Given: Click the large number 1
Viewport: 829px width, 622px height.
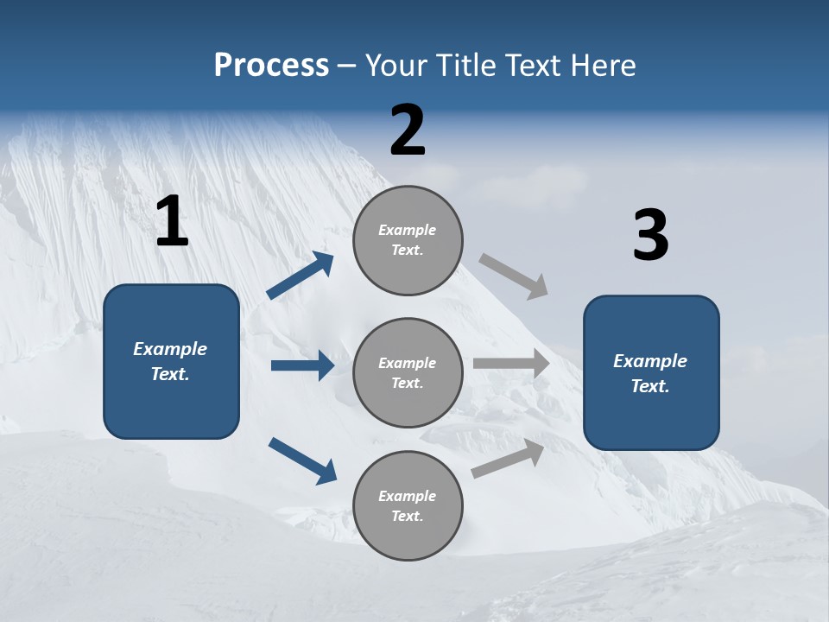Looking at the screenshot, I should tap(172, 221).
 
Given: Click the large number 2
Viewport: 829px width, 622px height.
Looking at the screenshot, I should tap(408, 130).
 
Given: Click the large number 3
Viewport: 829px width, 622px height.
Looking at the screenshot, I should tap(650, 236).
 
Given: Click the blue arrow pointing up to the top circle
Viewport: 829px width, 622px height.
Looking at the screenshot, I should tap(301, 276).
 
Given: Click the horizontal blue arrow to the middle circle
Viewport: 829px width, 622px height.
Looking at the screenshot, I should tap(302, 365).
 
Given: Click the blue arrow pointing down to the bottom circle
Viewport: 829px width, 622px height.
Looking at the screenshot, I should tap(302, 460).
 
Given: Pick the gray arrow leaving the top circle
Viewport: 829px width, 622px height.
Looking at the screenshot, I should tap(514, 276).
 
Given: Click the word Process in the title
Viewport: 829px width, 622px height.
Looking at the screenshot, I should tap(271, 65).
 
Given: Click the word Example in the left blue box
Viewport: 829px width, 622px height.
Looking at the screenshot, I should tap(170, 349).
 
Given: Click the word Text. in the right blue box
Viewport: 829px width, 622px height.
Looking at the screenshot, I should tap(650, 386).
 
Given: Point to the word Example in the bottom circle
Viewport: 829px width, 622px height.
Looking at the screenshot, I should tap(408, 496).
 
